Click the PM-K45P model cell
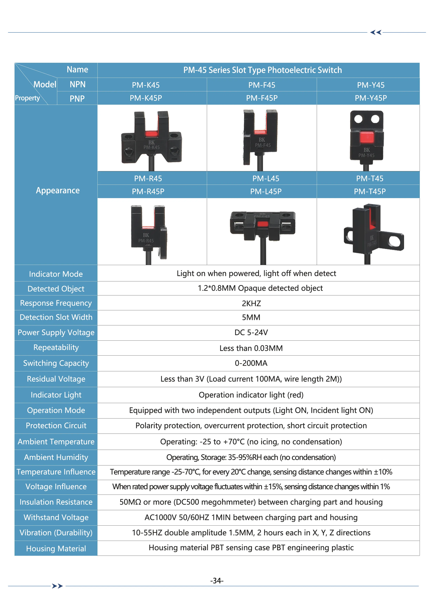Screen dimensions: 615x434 (146, 98)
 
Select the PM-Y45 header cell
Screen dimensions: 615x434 (371, 85)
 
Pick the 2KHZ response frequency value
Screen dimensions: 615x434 (251, 303)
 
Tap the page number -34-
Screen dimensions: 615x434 (217, 581)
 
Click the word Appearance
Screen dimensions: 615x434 (58, 190)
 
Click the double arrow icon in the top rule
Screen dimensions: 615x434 (376, 32)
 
